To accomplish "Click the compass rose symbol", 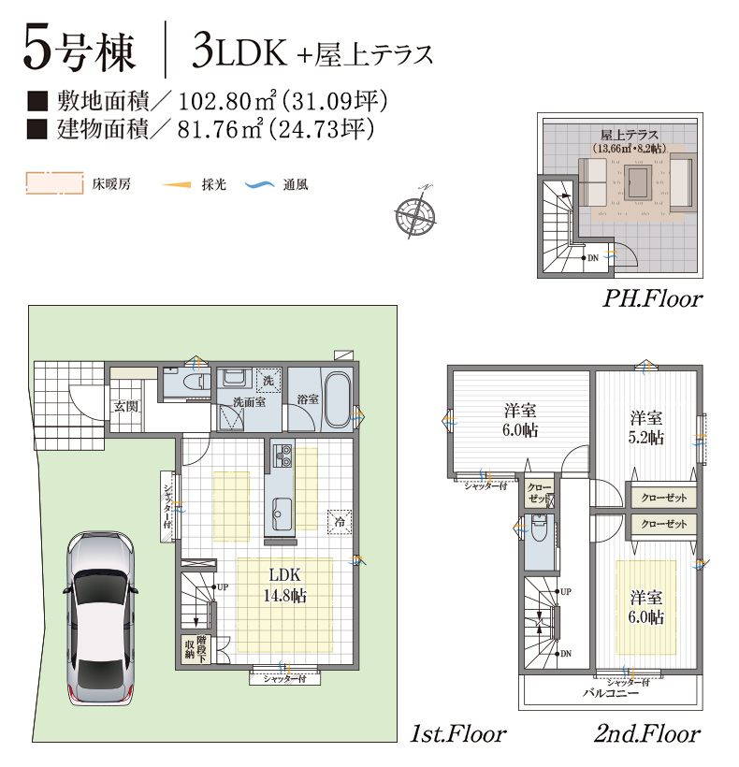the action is (x=415, y=212).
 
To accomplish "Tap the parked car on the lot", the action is (x=101, y=618).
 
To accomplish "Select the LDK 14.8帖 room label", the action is (x=285, y=585).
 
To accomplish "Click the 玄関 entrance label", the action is (x=126, y=406).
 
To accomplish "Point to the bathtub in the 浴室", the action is (x=339, y=399).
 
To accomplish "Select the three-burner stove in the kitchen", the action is (x=283, y=456).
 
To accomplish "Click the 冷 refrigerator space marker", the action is (x=340, y=521).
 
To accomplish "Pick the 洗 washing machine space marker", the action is (x=268, y=380).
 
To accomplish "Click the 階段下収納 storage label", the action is (x=196, y=649).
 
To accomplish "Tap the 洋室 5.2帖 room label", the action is (x=645, y=427).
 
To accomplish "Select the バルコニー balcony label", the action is (x=610, y=694).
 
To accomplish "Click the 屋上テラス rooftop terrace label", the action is (x=630, y=135).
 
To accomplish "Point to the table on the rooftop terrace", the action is (x=638, y=182).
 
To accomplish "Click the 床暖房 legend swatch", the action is (x=54, y=183).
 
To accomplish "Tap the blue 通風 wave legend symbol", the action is (x=260, y=185).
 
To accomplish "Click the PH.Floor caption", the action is (x=652, y=298).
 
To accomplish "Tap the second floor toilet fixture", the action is (x=539, y=528).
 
